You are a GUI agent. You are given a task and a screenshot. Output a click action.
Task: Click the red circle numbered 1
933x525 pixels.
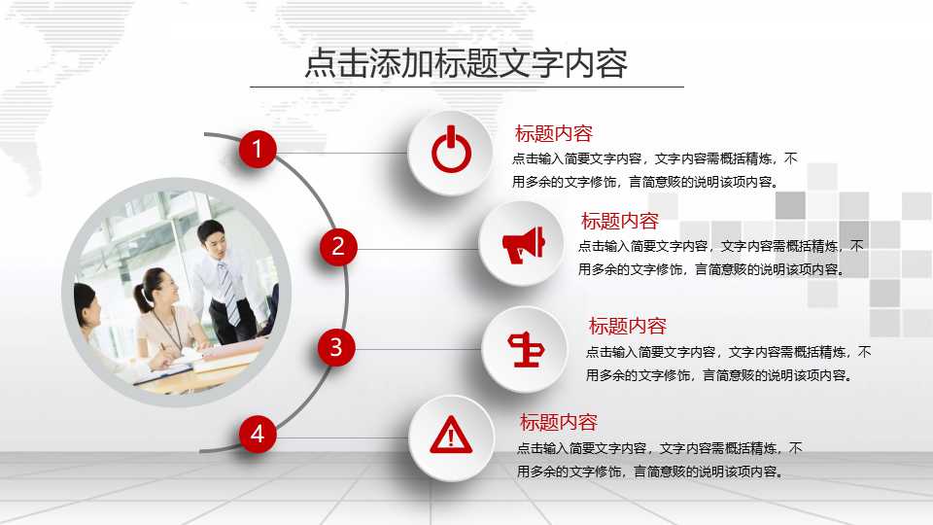tap(258, 150)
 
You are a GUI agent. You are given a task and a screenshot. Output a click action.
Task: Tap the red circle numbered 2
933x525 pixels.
tap(338, 247)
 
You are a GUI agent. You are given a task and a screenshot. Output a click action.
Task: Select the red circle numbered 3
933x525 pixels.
tap(335, 347)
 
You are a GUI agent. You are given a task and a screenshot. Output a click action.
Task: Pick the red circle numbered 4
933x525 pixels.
tap(258, 434)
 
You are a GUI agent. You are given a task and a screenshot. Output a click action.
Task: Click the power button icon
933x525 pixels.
tap(450, 153)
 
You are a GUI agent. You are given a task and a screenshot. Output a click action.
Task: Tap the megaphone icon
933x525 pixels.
tap(523, 244)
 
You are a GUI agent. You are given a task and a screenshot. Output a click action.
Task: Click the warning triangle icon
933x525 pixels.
tap(450, 436)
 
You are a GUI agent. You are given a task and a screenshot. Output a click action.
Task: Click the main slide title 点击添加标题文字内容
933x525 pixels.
tap(466, 63)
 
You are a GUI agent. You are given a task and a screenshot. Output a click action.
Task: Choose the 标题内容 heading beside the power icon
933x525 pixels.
tap(553, 134)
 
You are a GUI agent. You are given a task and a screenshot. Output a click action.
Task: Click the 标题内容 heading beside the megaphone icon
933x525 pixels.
tap(619, 222)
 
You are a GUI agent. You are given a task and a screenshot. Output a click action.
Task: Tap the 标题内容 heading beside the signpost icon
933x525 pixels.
tap(627, 327)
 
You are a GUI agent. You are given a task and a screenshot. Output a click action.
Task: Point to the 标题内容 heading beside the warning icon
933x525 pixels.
tap(558, 423)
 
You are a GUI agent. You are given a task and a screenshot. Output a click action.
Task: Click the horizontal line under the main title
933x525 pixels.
tap(466, 87)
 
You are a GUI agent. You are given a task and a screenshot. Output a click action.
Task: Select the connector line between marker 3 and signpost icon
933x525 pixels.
tap(418, 349)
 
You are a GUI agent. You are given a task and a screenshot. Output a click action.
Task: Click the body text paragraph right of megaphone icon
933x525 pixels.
tap(719, 258)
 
